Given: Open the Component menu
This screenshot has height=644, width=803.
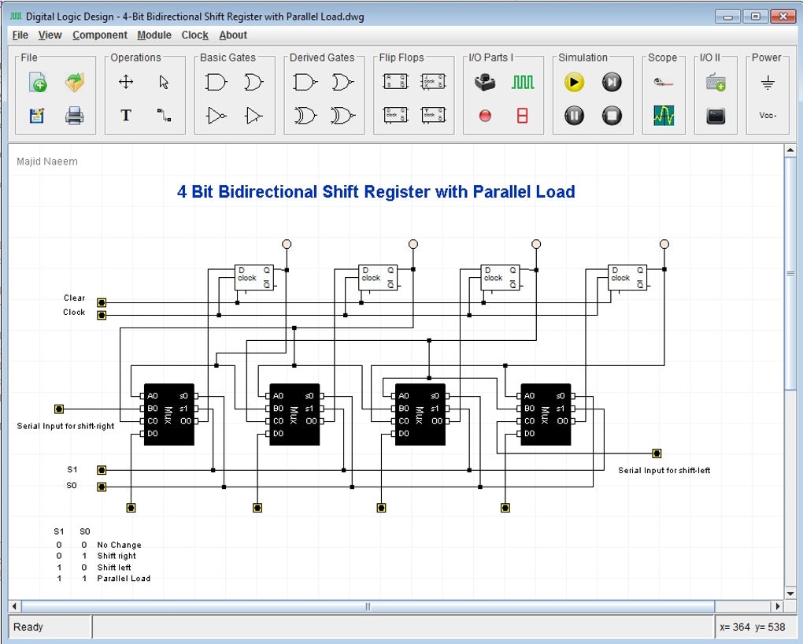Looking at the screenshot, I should [99, 35].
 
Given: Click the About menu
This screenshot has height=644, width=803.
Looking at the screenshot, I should [233, 35].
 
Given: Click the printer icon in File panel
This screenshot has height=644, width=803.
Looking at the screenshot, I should [74, 116].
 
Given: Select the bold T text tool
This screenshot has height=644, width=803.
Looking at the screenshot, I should [126, 116].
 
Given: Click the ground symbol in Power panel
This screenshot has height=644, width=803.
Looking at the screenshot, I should [768, 82].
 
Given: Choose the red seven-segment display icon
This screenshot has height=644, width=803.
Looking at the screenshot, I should [522, 116].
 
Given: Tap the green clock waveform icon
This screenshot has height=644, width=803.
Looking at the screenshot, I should [522, 82].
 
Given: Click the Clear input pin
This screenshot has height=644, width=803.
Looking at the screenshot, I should [102, 302].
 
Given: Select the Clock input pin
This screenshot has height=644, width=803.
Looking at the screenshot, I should [102, 315].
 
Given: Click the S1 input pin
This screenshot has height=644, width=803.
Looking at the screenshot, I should [102, 470].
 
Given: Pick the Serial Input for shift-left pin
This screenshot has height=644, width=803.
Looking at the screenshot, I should [657, 453].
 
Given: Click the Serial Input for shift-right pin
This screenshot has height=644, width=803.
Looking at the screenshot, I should [59, 409].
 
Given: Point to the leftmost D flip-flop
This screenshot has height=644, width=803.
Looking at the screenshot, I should [254, 277].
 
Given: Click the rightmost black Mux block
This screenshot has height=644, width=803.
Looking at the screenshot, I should [546, 414].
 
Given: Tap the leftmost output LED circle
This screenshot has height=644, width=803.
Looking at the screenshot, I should [287, 244].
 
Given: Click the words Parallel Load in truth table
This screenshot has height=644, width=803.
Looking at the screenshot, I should [124, 578].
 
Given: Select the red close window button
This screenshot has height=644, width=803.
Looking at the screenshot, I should [782, 16].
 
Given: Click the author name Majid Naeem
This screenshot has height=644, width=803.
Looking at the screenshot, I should [47, 161].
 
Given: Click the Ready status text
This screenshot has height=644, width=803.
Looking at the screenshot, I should [28, 627].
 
